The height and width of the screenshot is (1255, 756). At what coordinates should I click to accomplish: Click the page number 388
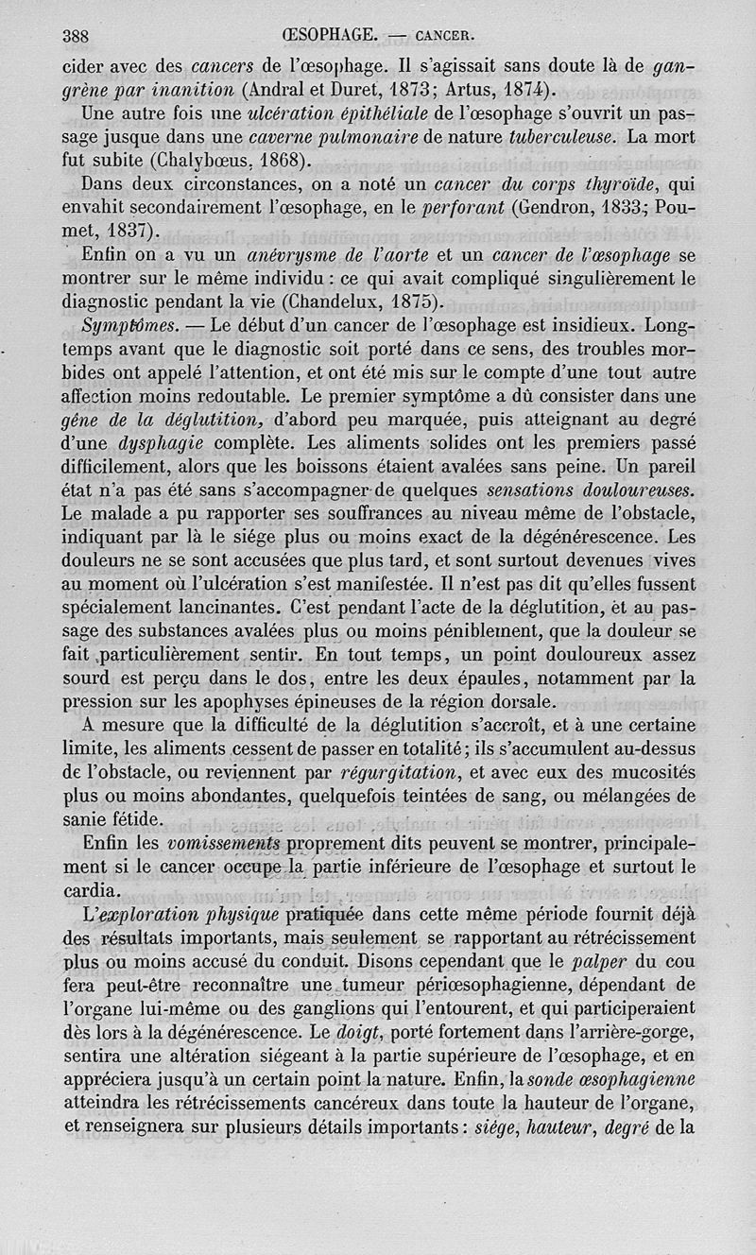coord(75,37)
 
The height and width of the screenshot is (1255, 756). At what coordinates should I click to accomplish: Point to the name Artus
coord(463,92)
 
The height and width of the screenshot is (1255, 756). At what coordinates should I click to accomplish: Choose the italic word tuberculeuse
coord(561,137)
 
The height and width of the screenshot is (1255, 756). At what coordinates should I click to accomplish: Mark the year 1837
coord(129,231)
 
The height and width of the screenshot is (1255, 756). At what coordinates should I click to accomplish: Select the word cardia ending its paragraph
coord(91,890)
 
